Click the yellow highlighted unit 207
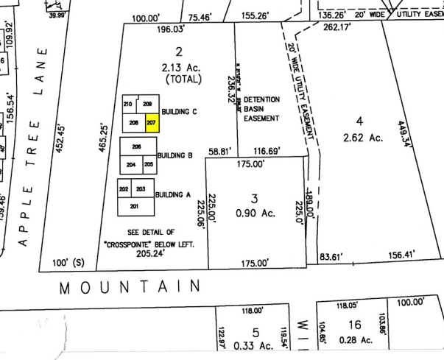pyautogui.click(x=152, y=122)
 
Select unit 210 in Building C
pyautogui.click(x=128, y=104)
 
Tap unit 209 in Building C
pyautogui.click(x=147, y=104)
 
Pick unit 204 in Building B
pyautogui.click(x=131, y=164)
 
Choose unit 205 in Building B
pyautogui.click(x=148, y=164)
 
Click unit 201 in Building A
pyautogui.click(x=134, y=205)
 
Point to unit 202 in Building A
pyautogui.click(x=123, y=189)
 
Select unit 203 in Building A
pyautogui.click(x=141, y=189)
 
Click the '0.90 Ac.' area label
pyautogui.click(x=255, y=213)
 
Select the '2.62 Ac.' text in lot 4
pyautogui.click(x=359, y=136)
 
